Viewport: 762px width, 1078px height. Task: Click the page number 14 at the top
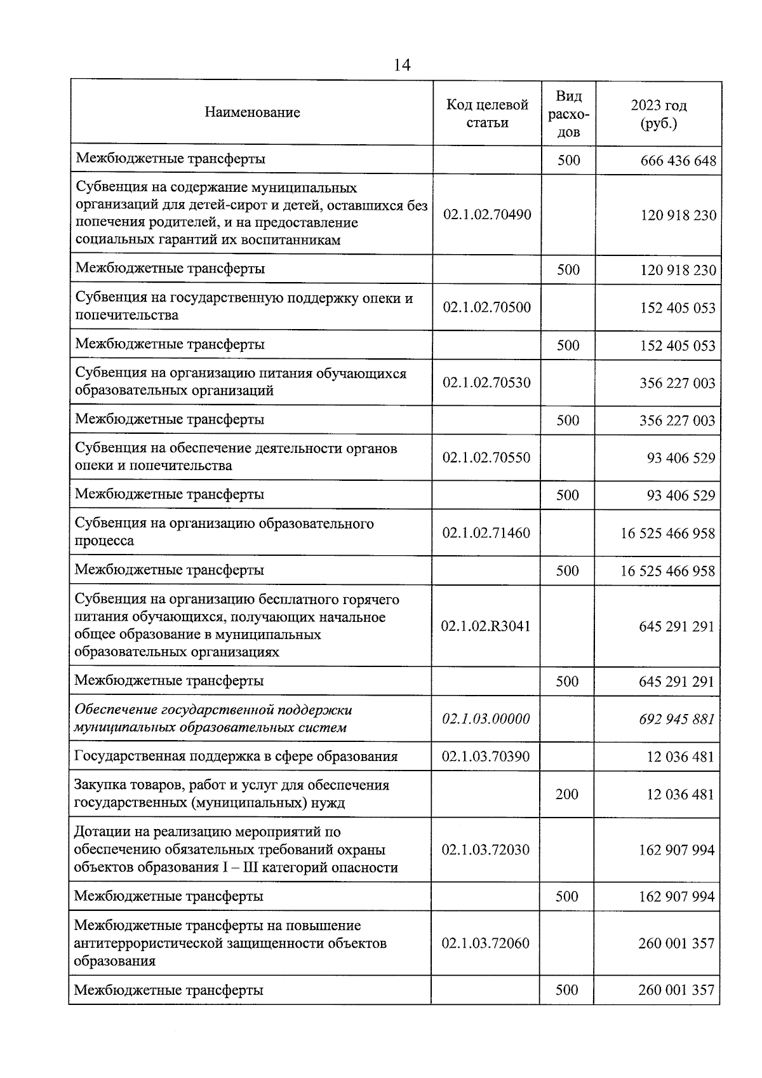[x=402, y=65]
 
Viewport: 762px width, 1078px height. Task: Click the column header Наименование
[x=252, y=113]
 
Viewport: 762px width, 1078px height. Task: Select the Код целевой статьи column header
[x=487, y=114]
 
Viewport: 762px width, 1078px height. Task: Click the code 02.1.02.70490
[x=487, y=215]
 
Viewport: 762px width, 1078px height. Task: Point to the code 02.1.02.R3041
[x=486, y=626]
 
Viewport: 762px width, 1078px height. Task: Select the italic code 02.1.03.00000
[x=486, y=719]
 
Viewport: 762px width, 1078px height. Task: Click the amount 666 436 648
[x=678, y=161]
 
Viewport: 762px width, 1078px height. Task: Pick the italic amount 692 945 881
[x=676, y=719]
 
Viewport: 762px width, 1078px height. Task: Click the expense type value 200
[x=567, y=794]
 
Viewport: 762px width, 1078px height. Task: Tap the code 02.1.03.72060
[x=486, y=943]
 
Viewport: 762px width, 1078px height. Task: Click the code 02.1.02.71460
[x=486, y=533]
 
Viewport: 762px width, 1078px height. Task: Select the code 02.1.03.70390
[x=486, y=757]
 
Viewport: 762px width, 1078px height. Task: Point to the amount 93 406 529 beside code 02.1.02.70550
[x=681, y=458]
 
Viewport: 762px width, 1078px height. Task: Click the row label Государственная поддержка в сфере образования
[x=236, y=757]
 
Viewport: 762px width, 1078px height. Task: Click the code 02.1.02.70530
[x=486, y=383]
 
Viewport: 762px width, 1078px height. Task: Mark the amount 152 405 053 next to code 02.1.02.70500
[x=678, y=308]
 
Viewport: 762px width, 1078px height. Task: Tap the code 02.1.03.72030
[x=486, y=850]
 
